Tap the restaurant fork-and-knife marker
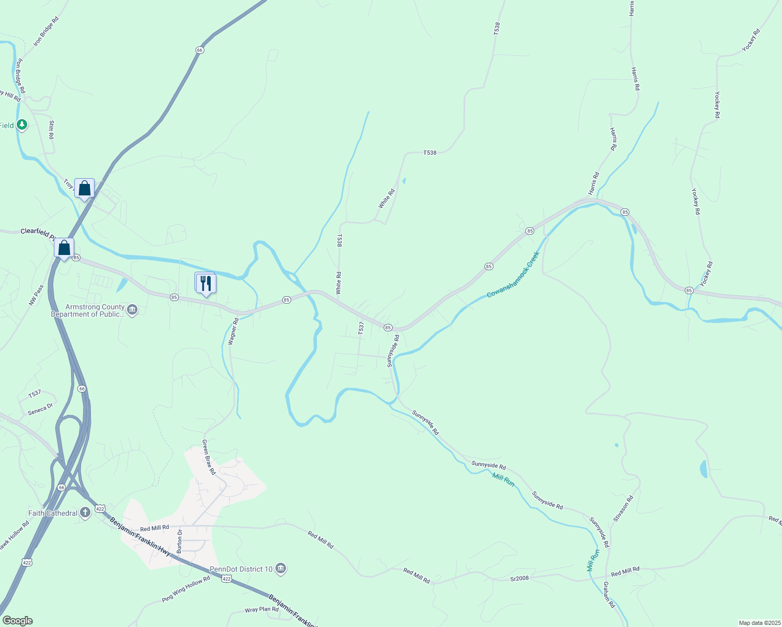coord(206,284)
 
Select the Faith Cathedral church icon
coord(85,513)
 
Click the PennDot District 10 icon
coord(281,568)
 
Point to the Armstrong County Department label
coord(88,311)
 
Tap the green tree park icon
coord(21,125)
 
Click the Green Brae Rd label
coord(209,457)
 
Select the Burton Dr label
coord(179,541)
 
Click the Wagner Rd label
coord(233,331)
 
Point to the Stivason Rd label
coord(624,508)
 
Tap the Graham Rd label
coord(609,595)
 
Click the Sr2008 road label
coord(520,578)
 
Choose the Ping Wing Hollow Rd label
coord(186,589)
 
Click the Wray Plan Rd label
coord(261,610)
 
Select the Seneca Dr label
coord(40,409)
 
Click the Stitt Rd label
coord(51,130)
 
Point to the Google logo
coord(18,621)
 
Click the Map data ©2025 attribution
coord(759,623)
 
